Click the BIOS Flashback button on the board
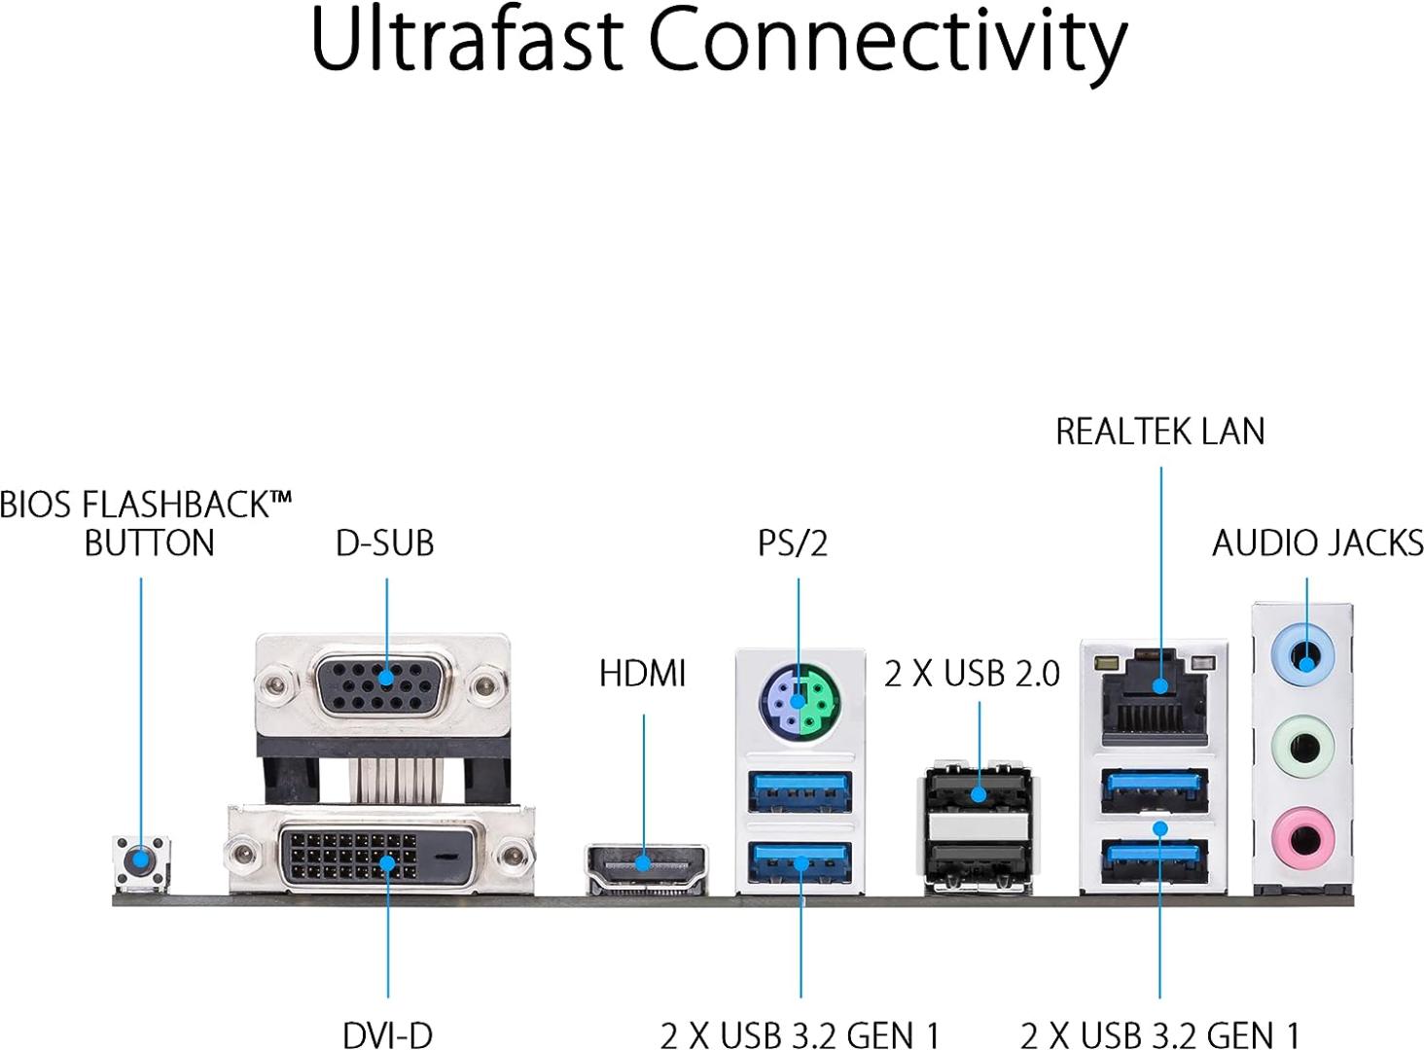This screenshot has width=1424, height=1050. tap(142, 860)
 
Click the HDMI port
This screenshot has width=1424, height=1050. tap(644, 864)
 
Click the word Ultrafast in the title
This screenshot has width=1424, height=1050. tap(466, 41)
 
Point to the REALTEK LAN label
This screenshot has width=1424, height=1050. tap(1159, 432)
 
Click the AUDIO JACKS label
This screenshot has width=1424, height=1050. tap(1317, 542)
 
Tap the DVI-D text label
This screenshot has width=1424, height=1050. tap(387, 1034)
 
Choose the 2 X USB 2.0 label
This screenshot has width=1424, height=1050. tap(972, 674)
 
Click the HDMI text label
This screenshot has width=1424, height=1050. tap(642, 673)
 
